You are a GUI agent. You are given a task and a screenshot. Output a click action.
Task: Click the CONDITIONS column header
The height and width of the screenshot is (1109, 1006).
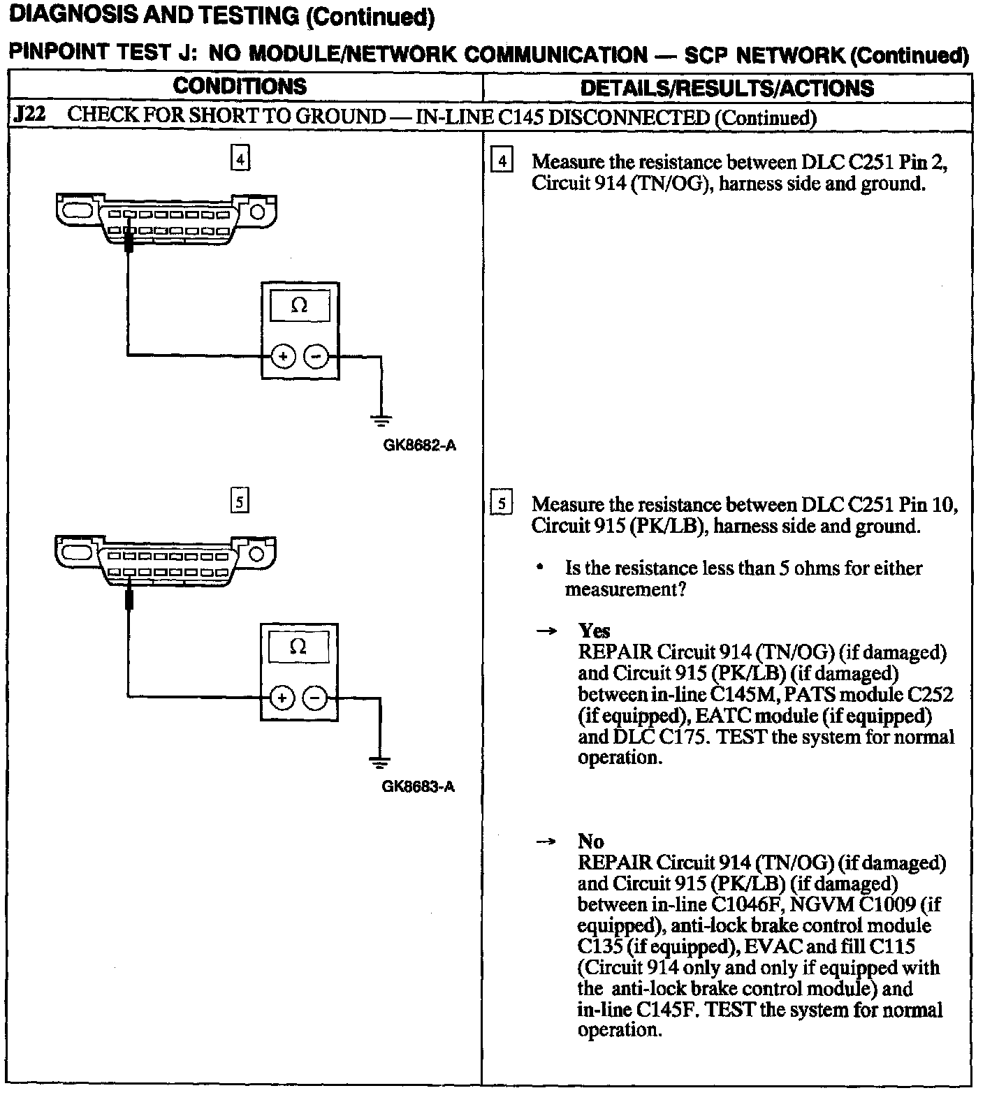(x=240, y=87)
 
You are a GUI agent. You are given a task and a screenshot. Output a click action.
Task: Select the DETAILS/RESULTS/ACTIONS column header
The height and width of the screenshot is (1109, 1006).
(x=727, y=88)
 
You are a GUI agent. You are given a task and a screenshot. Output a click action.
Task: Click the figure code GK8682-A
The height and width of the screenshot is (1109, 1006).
(x=419, y=446)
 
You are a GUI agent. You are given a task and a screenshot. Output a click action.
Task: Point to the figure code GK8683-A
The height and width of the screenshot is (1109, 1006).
(x=418, y=787)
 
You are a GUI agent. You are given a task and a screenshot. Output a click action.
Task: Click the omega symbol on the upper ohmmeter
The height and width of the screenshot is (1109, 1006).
(x=299, y=306)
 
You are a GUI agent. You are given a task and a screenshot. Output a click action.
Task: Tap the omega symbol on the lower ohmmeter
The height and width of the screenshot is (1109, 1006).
(x=298, y=647)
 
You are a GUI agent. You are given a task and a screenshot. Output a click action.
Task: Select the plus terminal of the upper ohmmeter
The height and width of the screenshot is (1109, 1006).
(x=283, y=357)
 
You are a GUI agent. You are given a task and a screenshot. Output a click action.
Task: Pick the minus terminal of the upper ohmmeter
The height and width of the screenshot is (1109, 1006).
(x=316, y=357)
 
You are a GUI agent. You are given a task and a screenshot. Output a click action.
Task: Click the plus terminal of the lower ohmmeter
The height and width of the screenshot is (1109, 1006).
(x=282, y=698)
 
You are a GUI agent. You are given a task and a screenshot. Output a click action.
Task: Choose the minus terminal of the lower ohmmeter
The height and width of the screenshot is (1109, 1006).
(x=315, y=698)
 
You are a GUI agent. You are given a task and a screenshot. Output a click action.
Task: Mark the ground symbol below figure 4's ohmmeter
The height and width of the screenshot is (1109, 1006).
(x=381, y=420)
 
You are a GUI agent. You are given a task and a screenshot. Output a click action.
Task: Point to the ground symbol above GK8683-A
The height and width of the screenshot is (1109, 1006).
(x=380, y=761)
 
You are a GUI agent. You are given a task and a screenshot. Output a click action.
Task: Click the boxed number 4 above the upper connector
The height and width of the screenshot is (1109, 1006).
(x=240, y=160)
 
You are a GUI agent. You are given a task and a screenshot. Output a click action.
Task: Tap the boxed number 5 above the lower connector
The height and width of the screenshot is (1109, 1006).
(x=239, y=501)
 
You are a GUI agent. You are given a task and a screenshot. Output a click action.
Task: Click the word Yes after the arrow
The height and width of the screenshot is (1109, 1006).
(x=594, y=631)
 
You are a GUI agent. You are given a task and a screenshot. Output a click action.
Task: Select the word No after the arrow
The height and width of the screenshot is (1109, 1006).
(x=590, y=842)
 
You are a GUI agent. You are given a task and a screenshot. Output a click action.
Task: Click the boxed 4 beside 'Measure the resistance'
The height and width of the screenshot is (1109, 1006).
(x=502, y=162)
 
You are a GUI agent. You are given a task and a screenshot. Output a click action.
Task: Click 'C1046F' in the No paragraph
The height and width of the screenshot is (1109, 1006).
(x=745, y=905)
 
